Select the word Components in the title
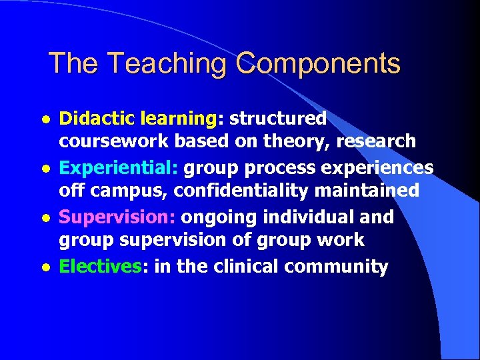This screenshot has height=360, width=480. pyautogui.click(x=318, y=64)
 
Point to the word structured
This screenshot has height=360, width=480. pyautogui.click(x=277, y=119)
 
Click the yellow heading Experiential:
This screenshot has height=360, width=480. pyautogui.click(x=119, y=168)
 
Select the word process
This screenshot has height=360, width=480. pyautogui.click(x=257, y=168)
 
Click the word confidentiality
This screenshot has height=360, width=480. pyautogui.click(x=241, y=191)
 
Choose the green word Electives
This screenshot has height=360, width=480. pyautogui.click(x=100, y=267)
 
